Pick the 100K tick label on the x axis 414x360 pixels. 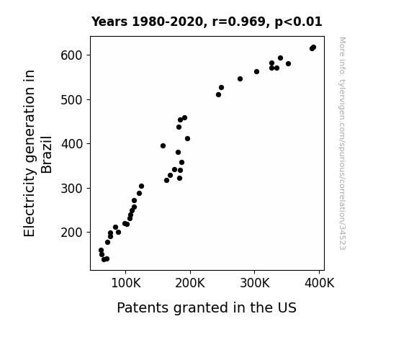tap(126, 284)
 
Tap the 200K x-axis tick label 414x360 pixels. tap(190, 284)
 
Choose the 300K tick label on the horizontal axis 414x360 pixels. tap(255, 284)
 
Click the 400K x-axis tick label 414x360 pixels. tap(320, 284)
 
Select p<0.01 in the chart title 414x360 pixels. tap(298, 22)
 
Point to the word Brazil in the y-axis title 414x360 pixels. tap(47, 155)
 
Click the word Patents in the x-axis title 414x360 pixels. tap(143, 307)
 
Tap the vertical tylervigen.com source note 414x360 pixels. tap(342, 143)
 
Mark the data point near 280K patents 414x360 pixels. tap(240, 79)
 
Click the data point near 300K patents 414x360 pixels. tap(256, 72)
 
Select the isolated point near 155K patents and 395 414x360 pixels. tap(163, 146)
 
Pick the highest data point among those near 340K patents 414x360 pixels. tap(280, 58)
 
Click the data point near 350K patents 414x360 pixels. tap(288, 64)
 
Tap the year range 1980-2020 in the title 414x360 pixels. tap(167, 22)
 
